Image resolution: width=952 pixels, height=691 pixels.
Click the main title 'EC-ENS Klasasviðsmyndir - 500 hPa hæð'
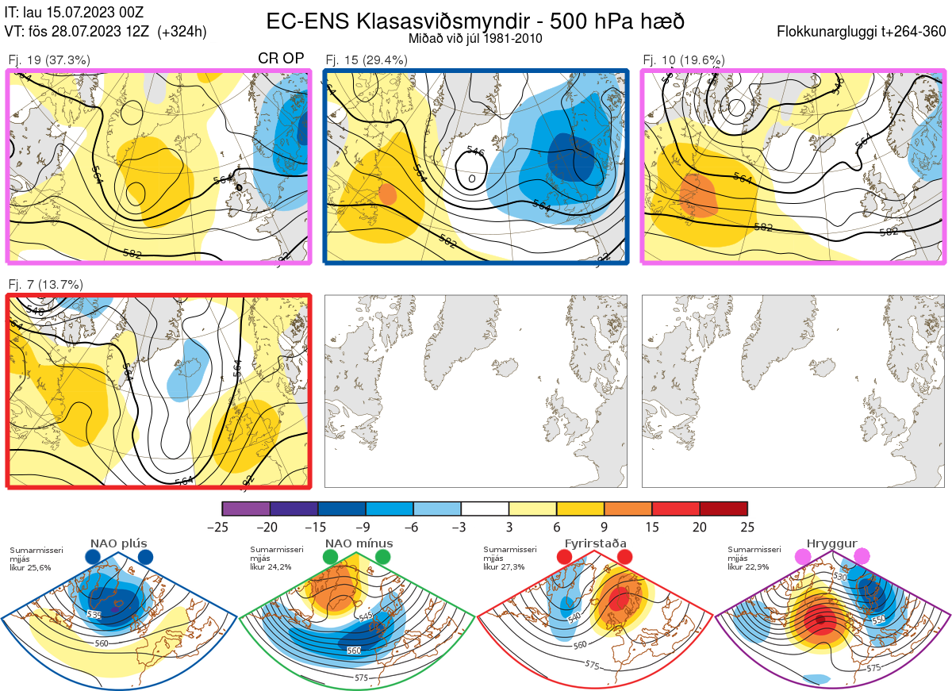pyautogui.click(x=475, y=21)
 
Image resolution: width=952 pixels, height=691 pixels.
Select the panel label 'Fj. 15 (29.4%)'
pyautogui.click(x=367, y=60)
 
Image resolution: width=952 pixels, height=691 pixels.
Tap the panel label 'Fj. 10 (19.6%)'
pyautogui.click(x=684, y=60)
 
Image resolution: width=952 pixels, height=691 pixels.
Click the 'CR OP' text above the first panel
pyautogui.click(x=282, y=59)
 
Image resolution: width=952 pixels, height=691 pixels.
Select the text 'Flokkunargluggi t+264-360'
pyautogui.click(x=863, y=32)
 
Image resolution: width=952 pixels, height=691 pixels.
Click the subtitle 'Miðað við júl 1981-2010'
pyautogui.click(x=475, y=38)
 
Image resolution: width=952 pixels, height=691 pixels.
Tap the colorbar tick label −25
pyautogui.click(x=222, y=527)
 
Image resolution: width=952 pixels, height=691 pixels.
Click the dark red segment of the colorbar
pyautogui.click(x=724, y=509)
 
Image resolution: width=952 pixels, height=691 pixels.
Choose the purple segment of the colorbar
pyautogui.click(x=246, y=509)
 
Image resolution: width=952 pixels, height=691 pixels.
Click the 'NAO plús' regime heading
pyautogui.click(x=117, y=543)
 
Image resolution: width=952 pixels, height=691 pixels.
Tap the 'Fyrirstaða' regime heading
pyautogui.click(x=595, y=543)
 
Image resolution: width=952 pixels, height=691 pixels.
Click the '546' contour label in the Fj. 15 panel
pyautogui.click(x=476, y=151)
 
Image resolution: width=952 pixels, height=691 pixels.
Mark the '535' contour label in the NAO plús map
pyautogui.click(x=94, y=615)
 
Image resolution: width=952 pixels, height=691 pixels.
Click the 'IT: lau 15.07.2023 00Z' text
pyautogui.click(x=74, y=13)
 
